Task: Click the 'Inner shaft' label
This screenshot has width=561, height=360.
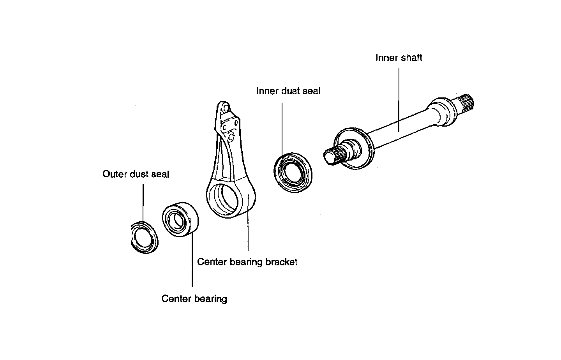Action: [x=399, y=58]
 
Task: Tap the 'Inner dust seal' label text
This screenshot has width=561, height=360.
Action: [x=288, y=91]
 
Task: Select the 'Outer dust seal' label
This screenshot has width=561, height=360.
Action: [x=136, y=174]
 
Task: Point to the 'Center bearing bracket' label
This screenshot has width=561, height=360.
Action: [x=247, y=262]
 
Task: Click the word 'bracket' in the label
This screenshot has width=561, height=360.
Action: [x=282, y=262]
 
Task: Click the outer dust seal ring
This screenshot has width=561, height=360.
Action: [x=145, y=238]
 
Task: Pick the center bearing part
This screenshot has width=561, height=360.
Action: [x=180, y=219]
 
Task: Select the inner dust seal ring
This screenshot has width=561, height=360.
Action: [x=293, y=172]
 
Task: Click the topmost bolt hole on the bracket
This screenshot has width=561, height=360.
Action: [x=226, y=108]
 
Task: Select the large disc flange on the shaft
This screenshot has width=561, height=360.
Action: [x=354, y=148]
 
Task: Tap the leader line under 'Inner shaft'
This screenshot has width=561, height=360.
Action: [x=399, y=100]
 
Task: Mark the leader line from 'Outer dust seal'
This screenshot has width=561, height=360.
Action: [x=143, y=203]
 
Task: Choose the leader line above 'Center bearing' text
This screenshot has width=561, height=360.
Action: [x=192, y=259]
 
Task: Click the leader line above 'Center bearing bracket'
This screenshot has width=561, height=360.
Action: [x=248, y=223]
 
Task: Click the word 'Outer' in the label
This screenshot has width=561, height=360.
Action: [x=115, y=174]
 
